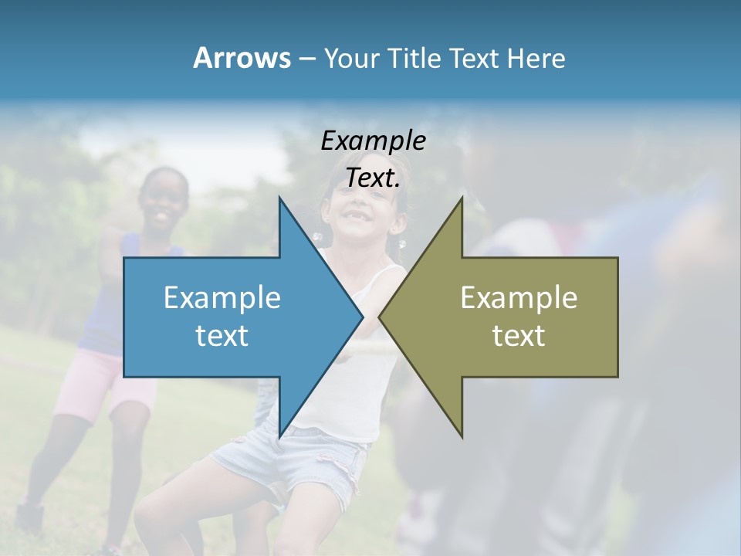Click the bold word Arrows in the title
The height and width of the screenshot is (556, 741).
pyautogui.click(x=241, y=58)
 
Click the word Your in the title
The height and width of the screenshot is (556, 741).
pyautogui.click(x=353, y=59)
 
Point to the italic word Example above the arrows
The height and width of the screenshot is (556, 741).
pyautogui.click(x=373, y=141)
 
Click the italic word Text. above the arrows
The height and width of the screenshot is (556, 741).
pyautogui.click(x=373, y=178)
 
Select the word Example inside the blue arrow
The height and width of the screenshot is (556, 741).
pyautogui.click(x=222, y=298)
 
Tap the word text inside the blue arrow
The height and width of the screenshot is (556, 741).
pyautogui.click(x=222, y=336)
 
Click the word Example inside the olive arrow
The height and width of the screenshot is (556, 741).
pyautogui.click(x=519, y=298)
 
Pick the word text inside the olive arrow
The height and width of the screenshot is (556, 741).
pyautogui.click(x=519, y=336)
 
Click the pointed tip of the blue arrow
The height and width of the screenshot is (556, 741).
pyautogui.click(x=361, y=317)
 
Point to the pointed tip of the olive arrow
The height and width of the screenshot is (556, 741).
pyautogui.click(x=381, y=317)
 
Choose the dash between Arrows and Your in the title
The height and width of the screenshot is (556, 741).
pyautogui.click(x=306, y=59)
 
